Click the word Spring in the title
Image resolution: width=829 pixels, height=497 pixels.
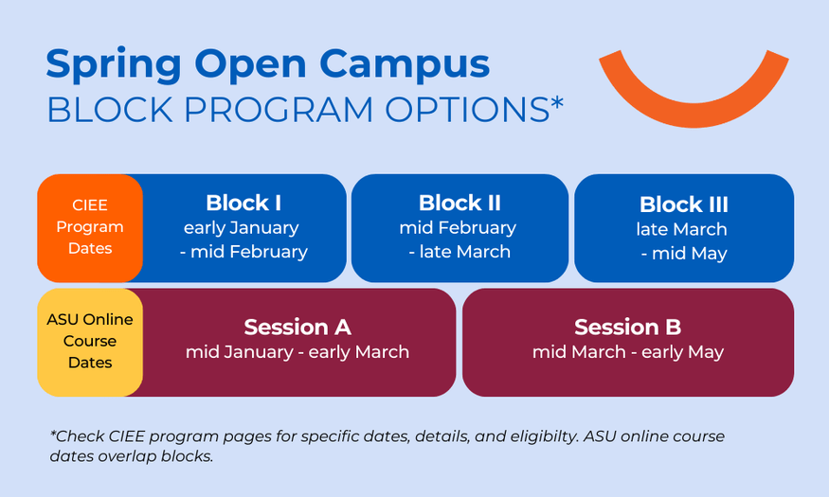[x=114, y=65]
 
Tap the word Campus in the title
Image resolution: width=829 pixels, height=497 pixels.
[x=405, y=65]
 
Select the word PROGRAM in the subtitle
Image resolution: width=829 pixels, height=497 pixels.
[x=279, y=110]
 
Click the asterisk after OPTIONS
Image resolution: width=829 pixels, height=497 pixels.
[x=557, y=102]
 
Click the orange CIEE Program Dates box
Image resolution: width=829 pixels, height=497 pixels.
[x=90, y=228]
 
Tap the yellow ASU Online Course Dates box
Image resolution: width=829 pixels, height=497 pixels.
[x=90, y=343]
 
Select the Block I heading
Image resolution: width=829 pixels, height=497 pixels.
[x=243, y=204]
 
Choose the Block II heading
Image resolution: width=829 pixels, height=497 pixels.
[x=460, y=204]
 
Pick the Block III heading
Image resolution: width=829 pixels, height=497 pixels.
[x=684, y=204]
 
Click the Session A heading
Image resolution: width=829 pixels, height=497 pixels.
[x=297, y=328]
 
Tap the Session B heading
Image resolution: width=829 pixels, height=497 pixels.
[x=627, y=328]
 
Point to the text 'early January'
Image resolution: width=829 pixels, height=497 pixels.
[x=241, y=228]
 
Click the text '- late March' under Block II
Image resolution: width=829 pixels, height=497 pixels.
[x=460, y=252]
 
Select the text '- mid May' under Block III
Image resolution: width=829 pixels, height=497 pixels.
[x=684, y=254]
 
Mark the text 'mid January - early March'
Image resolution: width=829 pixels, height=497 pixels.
[x=297, y=352]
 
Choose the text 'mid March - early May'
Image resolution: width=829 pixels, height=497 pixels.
[x=627, y=352]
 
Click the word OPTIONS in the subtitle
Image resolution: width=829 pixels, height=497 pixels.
[x=467, y=110]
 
